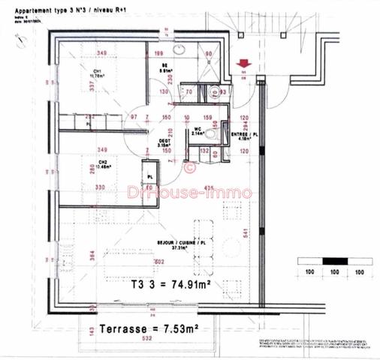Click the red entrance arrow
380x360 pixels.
(x=243, y=65)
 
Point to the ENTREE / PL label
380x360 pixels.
(x=241, y=135)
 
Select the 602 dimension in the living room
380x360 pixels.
(x=159, y=261)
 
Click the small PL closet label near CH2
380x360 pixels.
(x=150, y=177)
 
